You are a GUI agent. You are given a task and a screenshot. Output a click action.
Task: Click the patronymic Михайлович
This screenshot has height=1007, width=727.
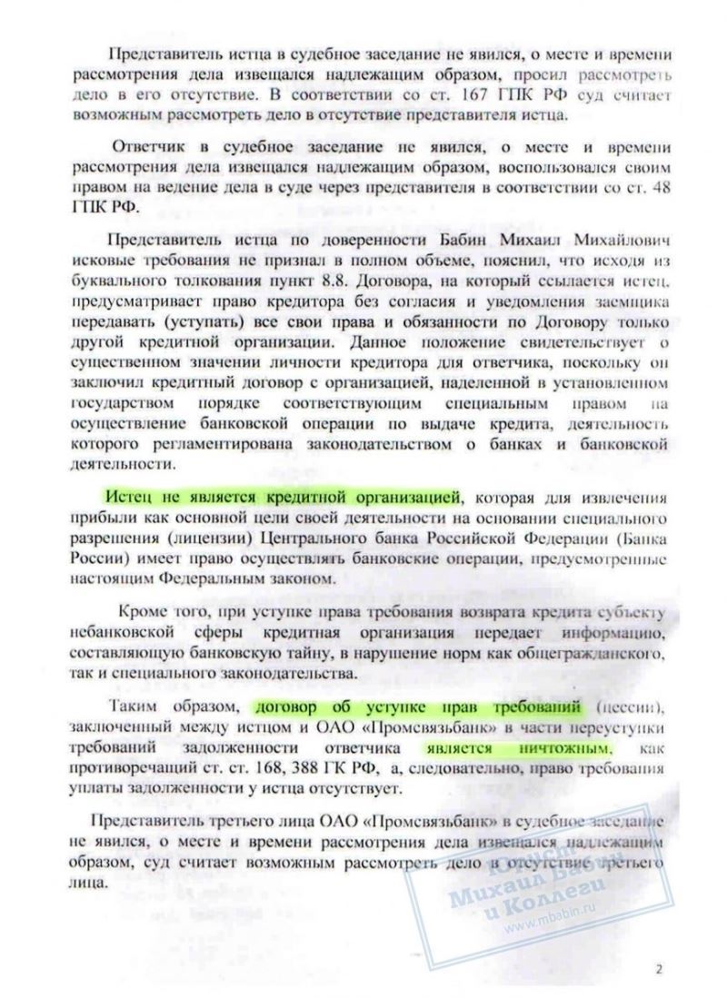coord(627,240)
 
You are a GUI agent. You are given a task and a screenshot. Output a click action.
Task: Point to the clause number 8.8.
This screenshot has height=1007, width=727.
coord(308,279)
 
